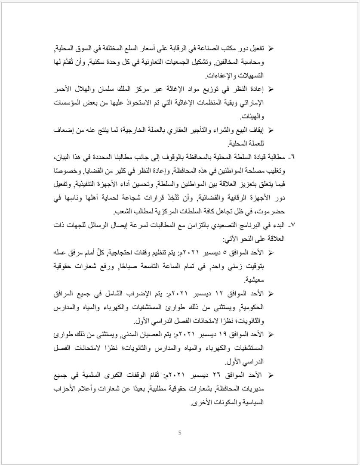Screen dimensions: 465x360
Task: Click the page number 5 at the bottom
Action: pos(180,433)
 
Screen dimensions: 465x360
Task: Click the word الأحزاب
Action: pos(64,389)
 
